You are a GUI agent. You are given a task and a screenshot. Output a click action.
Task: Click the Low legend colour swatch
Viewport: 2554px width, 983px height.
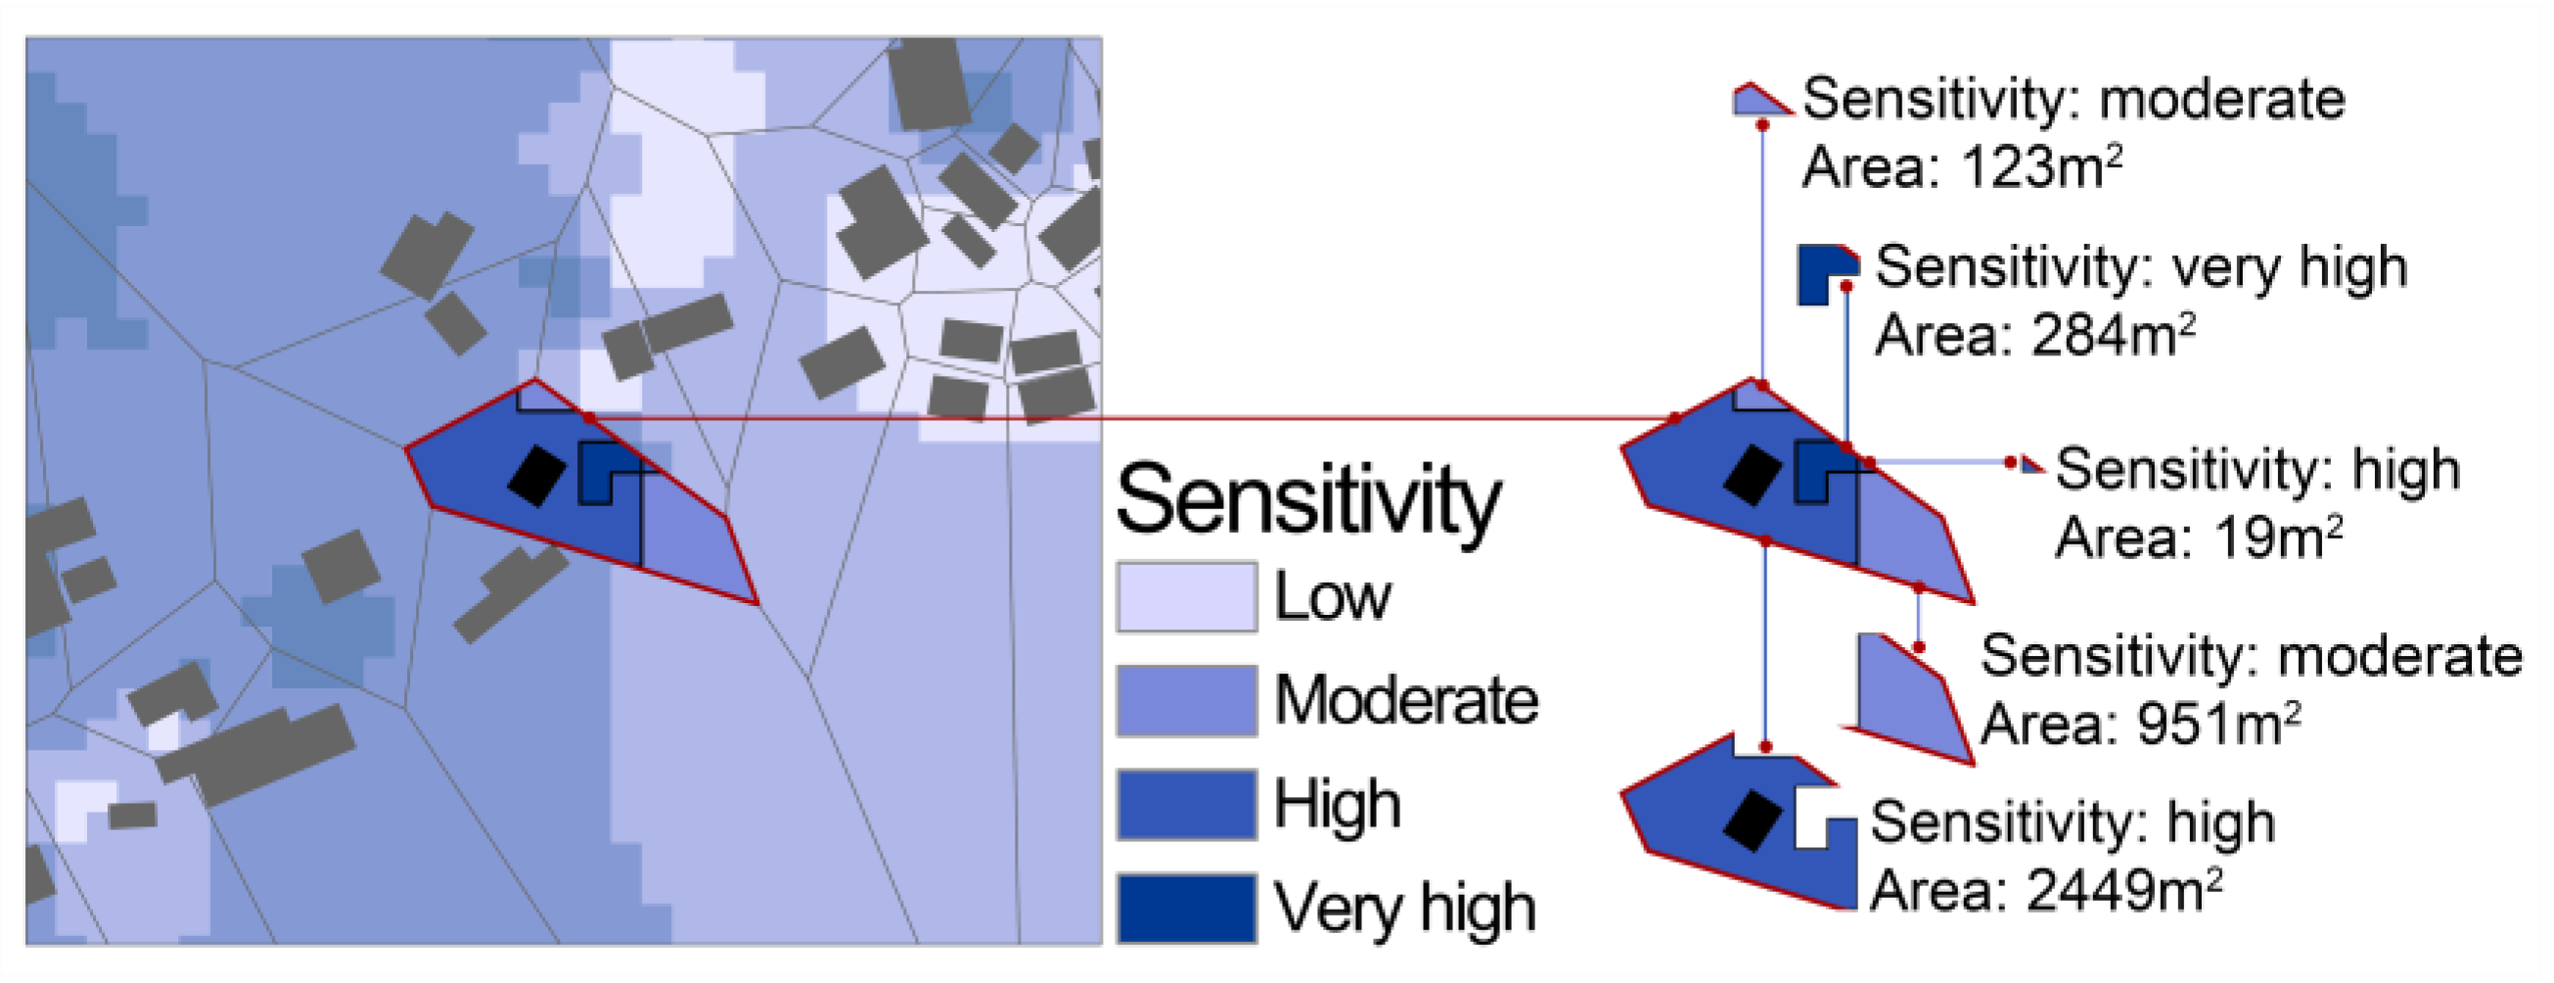pos(1187,597)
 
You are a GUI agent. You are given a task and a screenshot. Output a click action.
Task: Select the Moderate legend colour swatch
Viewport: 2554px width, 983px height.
pos(1187,700)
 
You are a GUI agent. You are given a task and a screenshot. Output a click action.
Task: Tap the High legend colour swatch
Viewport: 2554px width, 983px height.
pos(1187,805)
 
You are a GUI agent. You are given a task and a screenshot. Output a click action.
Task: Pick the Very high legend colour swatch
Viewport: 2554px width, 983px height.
pos(1187,908)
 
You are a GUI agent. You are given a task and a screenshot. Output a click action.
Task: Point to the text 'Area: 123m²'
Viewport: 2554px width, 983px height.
pos(1961,166)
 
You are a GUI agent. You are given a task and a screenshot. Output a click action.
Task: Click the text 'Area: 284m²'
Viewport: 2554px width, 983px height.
pos(2034,335)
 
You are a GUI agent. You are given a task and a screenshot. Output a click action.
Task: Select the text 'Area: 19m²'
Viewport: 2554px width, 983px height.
pos(2198,538)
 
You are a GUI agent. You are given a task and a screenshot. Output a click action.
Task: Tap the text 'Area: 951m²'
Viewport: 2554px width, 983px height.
pos(2139,725)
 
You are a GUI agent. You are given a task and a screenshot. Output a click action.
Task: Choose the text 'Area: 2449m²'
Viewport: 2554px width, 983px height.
pos(2045,890)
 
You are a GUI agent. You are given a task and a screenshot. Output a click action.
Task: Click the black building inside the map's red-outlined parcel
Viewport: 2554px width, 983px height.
pos(537,476)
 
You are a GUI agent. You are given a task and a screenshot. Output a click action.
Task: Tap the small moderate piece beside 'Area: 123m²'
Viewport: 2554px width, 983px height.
pos(1757,100)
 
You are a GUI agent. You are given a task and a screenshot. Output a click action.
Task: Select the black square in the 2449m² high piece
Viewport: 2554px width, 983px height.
pos(1752,820)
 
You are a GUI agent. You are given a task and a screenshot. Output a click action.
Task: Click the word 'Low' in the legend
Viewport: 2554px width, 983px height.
pos(1332,597)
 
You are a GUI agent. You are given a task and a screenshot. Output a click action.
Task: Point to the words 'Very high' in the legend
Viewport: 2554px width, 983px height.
pos(1404,908)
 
